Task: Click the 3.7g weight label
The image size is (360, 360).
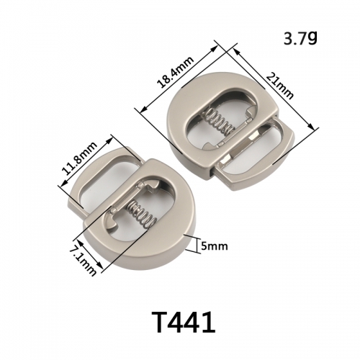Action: point(300,38)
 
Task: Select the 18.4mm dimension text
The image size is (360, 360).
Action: point(176,73)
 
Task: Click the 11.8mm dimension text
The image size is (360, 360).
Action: point(80,158)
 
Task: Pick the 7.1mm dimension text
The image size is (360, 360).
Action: point(84,261)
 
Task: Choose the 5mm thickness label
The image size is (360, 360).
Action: point(214,246)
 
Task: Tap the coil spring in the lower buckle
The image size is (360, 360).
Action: point(142,214)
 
